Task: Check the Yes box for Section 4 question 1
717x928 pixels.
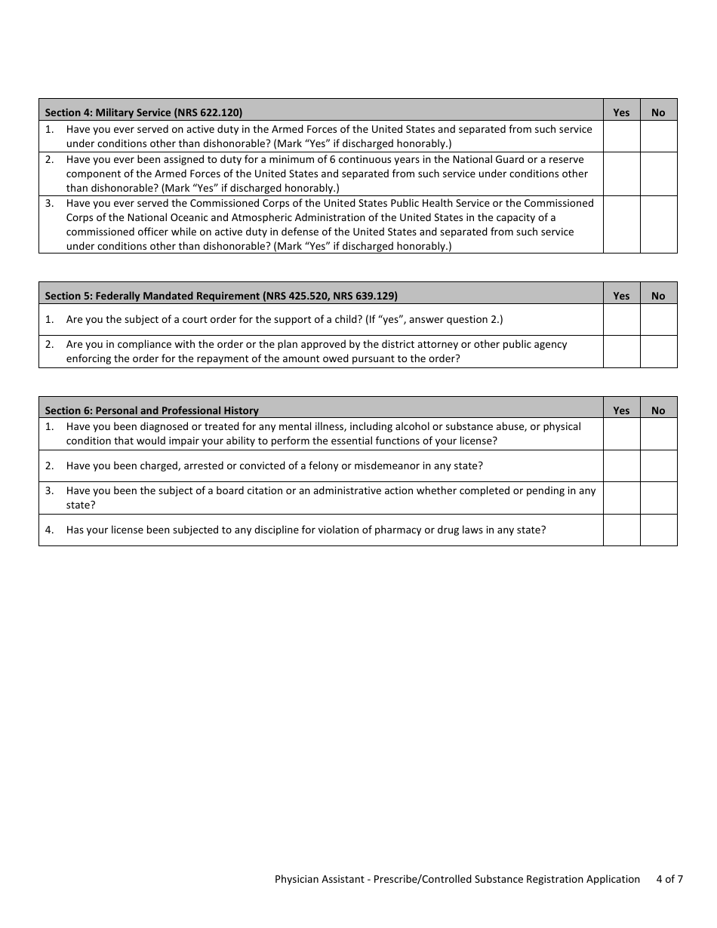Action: tap(621, 137)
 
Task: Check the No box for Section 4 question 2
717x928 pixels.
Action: tap(658, 174)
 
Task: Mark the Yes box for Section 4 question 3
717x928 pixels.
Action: tap(621, 224)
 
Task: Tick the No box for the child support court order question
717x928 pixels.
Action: tap(658, 319)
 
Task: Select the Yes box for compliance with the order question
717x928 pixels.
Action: tap(621, 352)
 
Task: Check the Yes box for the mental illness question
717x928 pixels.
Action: tap(621, 434)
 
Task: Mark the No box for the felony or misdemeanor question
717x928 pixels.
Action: tap(658, 466)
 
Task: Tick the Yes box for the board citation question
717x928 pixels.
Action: tap(621, 498)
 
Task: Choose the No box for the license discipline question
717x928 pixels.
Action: tap(658, 530)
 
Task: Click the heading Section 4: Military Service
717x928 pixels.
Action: tap(143, 112)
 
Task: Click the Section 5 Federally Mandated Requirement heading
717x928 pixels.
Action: tap(221, 296)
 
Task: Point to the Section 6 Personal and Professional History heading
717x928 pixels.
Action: tap(152, 410)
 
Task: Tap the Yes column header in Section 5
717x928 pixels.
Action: tap(621, 296)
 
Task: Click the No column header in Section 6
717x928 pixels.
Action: tap(658, 410)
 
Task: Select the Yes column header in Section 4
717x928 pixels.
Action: tap(621, 112)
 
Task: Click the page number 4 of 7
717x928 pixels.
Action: tap(669, 879)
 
